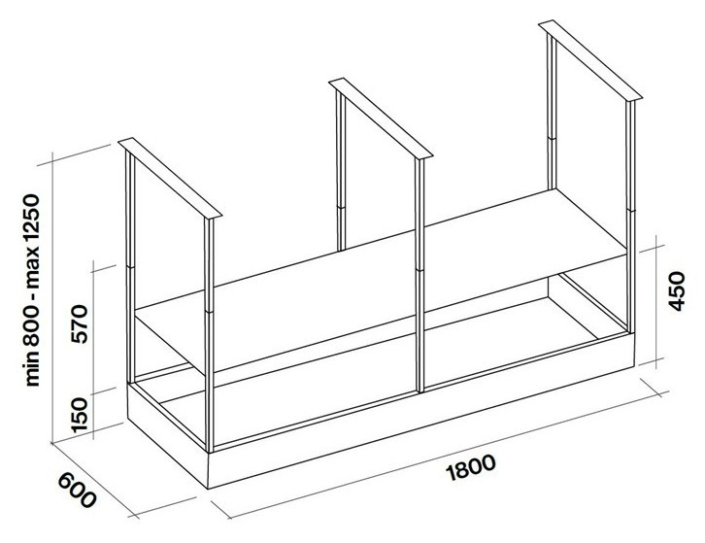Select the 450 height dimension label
(684, 288)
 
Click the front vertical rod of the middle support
(420, 282)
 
